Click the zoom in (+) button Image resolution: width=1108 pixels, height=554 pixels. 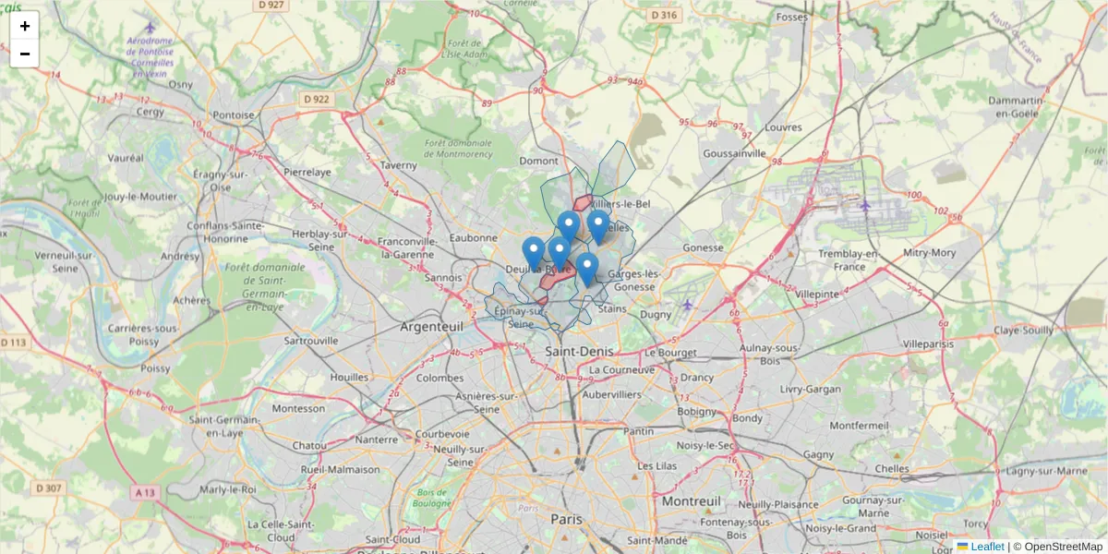point(25,26)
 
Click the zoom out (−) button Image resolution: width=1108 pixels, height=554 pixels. point(25,54)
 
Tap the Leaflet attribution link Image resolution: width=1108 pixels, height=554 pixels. point(986,547)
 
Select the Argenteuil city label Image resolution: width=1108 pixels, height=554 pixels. point(431,327)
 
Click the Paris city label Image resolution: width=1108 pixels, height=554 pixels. point(567,520)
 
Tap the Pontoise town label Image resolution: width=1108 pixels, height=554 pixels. point(234,115)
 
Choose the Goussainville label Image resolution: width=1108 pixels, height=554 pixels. point(735,153)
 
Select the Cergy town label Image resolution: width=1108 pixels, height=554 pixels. point(150,112)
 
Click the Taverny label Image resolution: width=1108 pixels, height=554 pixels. point(399,165)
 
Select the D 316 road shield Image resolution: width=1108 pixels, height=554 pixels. point(663,15)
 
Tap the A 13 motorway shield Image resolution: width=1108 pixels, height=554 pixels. point(144,492)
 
